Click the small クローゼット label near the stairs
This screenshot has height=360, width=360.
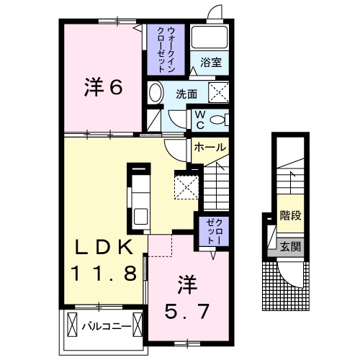(x=210, y=231)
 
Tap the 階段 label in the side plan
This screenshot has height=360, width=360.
(x=289, y=214)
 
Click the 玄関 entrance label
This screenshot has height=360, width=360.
(x=289, y=246)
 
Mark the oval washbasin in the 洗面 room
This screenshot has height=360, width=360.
(x=156, y=92)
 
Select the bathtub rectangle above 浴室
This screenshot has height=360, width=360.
(x=211, y=38)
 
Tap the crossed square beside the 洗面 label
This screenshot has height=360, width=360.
(x=217, y=92)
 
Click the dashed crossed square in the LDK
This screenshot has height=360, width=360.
(x=187, y=186)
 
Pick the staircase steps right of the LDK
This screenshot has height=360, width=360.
(x=215, y=184)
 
